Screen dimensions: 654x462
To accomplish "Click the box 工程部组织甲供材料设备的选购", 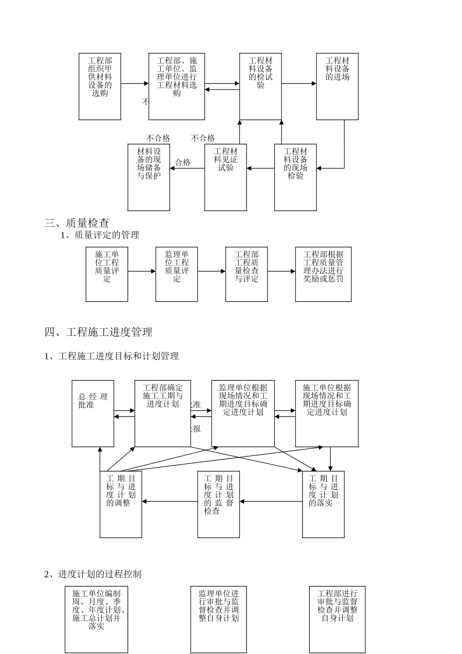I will pyautogui.click(x=100, y=87).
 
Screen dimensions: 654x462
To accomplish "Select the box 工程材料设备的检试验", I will pyautogui.click(x=260, y=87).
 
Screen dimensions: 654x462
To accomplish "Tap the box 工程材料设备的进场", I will pyautogui.click(x=337, y=87).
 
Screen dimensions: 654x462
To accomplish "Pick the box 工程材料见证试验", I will pyautogui.click(x=226, y=177).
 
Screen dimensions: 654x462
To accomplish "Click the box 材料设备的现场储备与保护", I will pyautogui.click(x=149, y=177).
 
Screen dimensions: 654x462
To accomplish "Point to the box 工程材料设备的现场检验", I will pyautogui.click(x=295, y=177).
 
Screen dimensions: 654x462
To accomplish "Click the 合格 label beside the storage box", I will pyautogui.click(x=183, y=163).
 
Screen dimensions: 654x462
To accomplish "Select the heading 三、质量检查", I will pyautogui.click(x=77, y=223).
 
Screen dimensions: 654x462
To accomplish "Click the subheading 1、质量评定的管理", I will pyautogui.click(x=100, y=235).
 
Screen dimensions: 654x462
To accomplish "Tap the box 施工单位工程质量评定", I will pyautogui.click(x=107, y=274).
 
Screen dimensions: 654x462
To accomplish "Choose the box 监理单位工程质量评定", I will pyautogui.click(x=177, y=274).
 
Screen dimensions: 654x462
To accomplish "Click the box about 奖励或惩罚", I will pyautogui.click(x=323, y=274).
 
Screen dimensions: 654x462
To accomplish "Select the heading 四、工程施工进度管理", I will pyautogui.click(x=99, y=332).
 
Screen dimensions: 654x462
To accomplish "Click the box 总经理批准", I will pyautogui.click(x=93, y=414).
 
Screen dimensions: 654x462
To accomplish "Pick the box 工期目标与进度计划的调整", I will pyautogui.click(x=121, y=504).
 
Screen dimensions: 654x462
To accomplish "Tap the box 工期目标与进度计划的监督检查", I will pyautogui.click(x=218, y=504).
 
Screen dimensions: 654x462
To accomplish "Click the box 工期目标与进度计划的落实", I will pyautogui.click(x=323, y=504).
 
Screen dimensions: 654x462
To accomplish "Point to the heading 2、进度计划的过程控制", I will pyautogui.click(x=93, y=574).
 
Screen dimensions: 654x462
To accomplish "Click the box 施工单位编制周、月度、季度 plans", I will pyautogui.click(x=96, y=619).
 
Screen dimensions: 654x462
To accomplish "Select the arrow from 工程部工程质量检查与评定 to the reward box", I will pyautogui.click(x=281, y=271).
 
